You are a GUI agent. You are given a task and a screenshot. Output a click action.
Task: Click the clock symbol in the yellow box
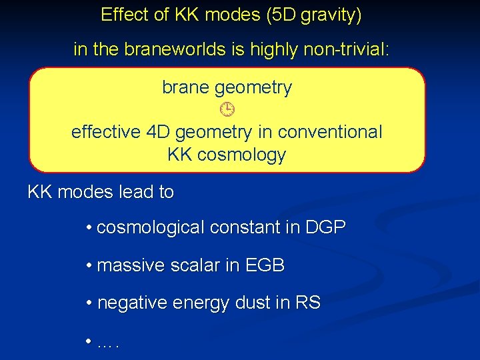(227, 109)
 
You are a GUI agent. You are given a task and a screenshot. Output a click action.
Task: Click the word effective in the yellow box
(106, 132)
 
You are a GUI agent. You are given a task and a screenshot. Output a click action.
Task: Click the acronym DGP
(325, 227)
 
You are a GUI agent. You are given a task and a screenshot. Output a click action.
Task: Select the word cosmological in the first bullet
(151, 227)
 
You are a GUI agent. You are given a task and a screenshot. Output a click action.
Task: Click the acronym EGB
(265, 265)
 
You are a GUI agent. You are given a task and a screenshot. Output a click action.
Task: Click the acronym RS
(307, 303)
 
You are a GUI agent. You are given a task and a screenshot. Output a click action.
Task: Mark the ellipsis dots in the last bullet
(107, 344)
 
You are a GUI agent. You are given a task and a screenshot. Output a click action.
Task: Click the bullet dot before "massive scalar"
(89, 266)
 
